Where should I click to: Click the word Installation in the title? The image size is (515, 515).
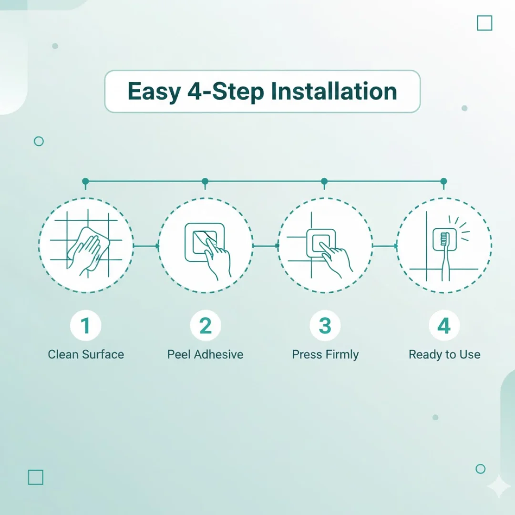(334, 91)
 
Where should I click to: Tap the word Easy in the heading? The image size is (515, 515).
(154, 92)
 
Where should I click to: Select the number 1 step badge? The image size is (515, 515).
(86, 326)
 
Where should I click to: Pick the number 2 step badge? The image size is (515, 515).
(205, 326)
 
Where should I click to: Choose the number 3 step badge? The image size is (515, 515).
(325, 326)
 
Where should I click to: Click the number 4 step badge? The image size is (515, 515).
(444, 326)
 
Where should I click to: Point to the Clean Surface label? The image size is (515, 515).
(86, 354)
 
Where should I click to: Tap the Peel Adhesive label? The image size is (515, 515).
(205, 354)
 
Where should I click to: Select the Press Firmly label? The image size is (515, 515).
(325, 355)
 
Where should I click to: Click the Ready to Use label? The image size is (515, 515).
(444, 354)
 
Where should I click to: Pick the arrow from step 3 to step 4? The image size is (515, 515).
(385, 246)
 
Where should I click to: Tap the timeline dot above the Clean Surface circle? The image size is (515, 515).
(85, 181)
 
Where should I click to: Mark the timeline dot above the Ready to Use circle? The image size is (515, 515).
(444, 181)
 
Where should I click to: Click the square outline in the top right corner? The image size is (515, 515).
(484, 16)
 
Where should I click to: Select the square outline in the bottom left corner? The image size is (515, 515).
(35, 470)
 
